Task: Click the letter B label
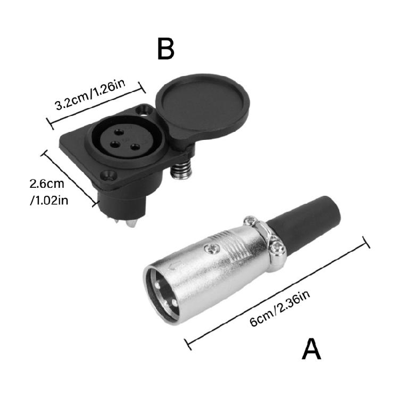click(165, 48)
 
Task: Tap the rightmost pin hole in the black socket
click(135, 146)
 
